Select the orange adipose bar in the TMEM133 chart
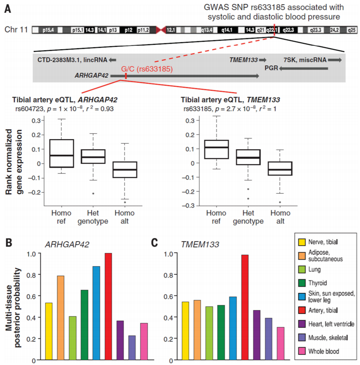[x=197, y=330]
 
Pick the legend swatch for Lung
[x=302, y=270]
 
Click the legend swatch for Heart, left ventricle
[x=302, y=324]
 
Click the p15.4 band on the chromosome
[x=47, y=30]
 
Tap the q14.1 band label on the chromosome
[x=227, y=30]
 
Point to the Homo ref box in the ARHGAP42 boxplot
[x=62, y=153]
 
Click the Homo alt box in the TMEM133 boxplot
[x=280, y=168]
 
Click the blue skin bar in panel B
[x=96, y=313]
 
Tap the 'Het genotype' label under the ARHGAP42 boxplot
[x=93, y=217]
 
